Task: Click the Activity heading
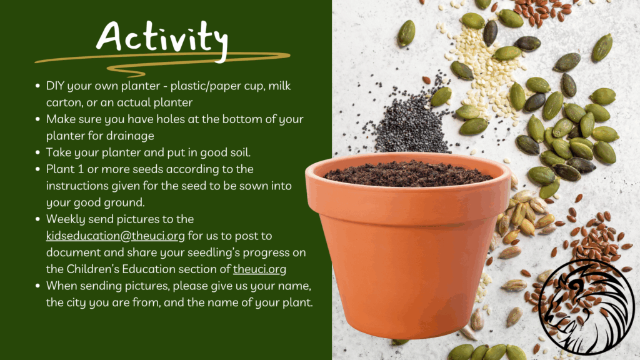point(162,39)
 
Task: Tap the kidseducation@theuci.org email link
point(115,236)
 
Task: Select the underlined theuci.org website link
point(259,269)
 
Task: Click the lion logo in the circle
point(586,307)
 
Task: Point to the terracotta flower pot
point(407,245)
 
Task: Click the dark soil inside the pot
point(408,173)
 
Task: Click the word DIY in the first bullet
point(55,86)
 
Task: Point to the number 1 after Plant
point(81,169)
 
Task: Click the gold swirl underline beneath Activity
point(162,62)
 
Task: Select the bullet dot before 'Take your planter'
point(37,152)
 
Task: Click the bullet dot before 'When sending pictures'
point(37,286)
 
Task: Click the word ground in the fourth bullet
point(125,203)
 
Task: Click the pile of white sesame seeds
point(486,69)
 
